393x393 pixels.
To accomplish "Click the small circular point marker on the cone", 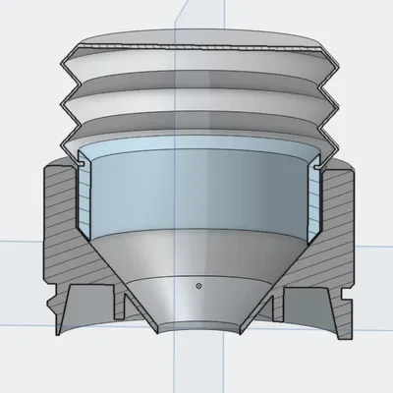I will point(198,286).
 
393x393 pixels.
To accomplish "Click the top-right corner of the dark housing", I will point(352,168).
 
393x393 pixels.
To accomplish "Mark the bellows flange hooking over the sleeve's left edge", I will point(74,155).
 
